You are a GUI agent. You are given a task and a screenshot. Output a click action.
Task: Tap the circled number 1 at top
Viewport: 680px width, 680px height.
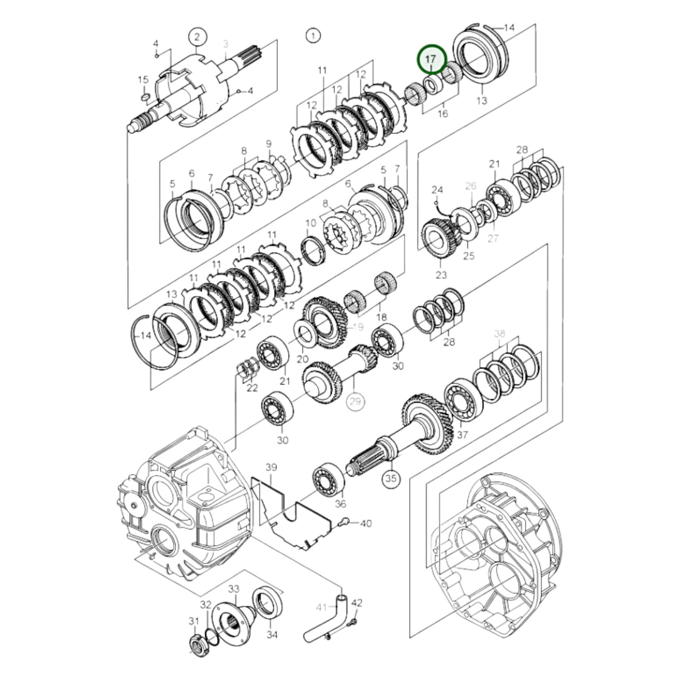(x=312, y=35)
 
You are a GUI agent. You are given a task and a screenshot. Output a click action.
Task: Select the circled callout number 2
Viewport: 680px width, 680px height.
(x=197, y=36)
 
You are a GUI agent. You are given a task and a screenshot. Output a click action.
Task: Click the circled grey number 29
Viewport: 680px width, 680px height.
(x=356, y=401)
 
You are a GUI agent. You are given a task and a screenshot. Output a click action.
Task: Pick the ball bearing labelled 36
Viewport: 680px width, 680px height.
(x=329, y=480)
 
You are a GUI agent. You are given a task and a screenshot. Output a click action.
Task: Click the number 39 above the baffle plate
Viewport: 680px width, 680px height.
(x=272, y=467)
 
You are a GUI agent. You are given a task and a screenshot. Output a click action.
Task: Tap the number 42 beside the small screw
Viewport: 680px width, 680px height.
(x=357, y=603)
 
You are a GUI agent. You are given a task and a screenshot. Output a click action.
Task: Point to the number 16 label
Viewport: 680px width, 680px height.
(x=442, y=113)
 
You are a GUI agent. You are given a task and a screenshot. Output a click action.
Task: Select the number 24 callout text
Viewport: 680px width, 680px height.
(x=437, y=190)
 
